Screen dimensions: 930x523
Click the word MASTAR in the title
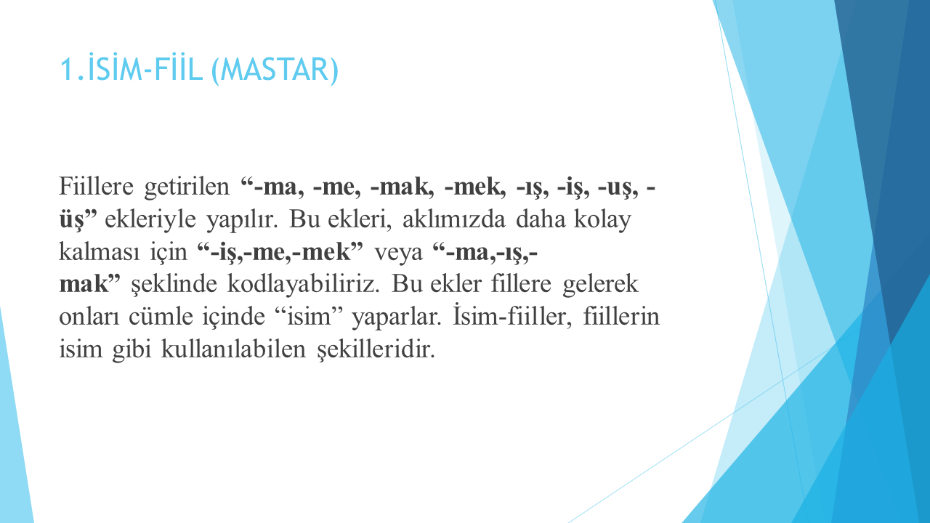(x=278, y=69)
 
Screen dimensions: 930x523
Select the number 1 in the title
(x=66, y=69)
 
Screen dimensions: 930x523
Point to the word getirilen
(x=187, y=187)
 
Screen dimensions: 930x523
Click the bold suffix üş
(x=71, y=219)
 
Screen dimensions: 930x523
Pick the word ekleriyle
(x=150, y=219)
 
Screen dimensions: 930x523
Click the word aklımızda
(x=454, y=219)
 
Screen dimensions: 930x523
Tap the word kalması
(x=100, y=251)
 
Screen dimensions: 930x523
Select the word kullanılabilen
(x=233, y=349)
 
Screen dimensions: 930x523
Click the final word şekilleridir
(x=376, y=349)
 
